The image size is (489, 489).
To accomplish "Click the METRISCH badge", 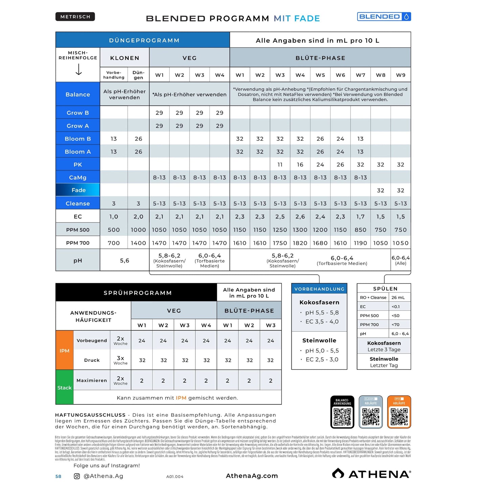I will pos(75,17).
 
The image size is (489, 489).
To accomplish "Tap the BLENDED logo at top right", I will pos(384,17).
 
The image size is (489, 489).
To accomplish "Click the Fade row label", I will pos(78,190).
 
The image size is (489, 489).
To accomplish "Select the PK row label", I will pos(78,164).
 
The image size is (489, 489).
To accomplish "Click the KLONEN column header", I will pos(125,58).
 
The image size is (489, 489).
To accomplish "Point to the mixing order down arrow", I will pos(79,69).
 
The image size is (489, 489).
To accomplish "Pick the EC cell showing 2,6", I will pos(300,217).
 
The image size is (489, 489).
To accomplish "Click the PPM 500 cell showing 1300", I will pos(300,230).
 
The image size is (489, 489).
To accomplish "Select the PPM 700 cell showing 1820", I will pos(300,243).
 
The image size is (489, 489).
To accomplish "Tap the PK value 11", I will pos(280,164).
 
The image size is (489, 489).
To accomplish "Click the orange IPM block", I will pos(64,350).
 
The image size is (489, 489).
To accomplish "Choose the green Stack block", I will pos(64,387).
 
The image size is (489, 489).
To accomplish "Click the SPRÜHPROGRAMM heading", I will pos(137,293).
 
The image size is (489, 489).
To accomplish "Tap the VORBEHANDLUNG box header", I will pos(319,289).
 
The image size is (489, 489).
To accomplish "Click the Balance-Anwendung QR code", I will pos(342,416).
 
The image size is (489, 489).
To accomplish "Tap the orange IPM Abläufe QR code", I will pos(399,416).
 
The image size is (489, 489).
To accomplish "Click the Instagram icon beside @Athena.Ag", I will pos(77,476).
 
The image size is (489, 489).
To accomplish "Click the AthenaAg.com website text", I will pos(252,476).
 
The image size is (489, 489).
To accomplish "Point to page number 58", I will pos(58,476).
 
